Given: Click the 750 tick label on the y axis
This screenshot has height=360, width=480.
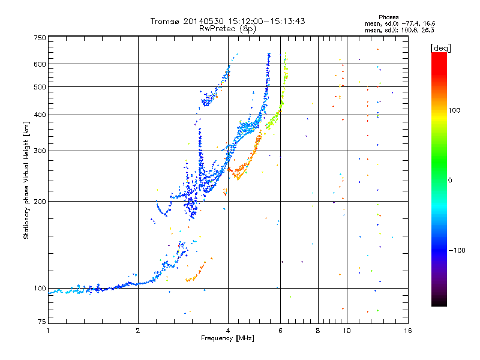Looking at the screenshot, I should (x=40, y=38).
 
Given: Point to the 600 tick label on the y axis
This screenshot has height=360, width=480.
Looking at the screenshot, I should (x=40, y=64).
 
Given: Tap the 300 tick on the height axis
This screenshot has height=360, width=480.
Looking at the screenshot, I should (x=40, y=151).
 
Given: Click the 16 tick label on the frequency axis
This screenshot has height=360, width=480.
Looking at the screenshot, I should (x=407, y=331).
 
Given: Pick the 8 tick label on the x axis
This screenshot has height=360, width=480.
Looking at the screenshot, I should (x=317, y=331).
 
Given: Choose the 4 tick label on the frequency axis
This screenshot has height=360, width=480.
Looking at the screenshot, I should (x=228, y=331).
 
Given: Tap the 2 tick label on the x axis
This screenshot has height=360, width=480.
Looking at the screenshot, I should (x=138, y=331).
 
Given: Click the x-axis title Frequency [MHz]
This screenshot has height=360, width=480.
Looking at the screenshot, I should (x=227, y=339).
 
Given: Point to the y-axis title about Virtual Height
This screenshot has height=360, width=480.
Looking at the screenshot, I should (x=26, y=180).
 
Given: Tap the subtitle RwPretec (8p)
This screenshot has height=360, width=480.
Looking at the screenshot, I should (x=227, y=28).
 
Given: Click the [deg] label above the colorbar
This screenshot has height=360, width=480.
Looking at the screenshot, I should (x=440, y=47).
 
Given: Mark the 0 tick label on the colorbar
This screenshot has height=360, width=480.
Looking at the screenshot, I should (x=451, y=180).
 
